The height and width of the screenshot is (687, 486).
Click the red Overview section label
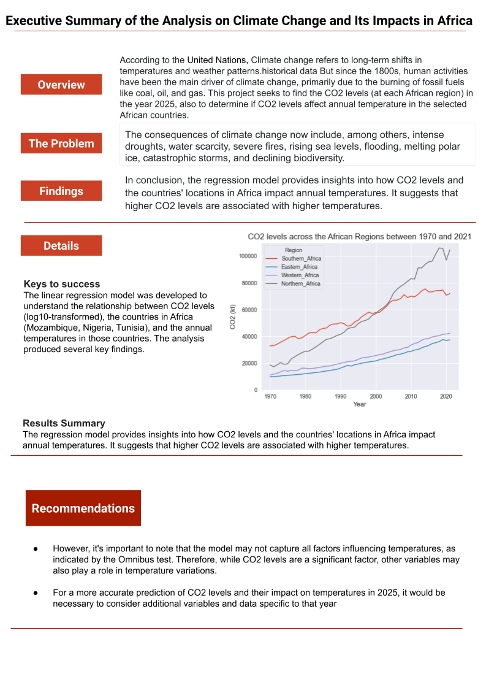tap(61, 85)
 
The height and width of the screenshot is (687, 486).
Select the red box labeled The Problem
tap(61, 144)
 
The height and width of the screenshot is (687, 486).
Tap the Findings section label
tap(61, 191)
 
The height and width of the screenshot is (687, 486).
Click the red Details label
tap(61, 245)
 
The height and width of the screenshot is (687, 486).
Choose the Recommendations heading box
tap(83, 508)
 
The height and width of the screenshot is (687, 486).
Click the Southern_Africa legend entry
tap(300, 258)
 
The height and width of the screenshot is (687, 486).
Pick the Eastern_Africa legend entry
tap(299, 267)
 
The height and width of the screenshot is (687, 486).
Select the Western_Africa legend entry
tap(300, 275)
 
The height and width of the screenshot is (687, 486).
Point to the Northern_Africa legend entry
tap(300, 284)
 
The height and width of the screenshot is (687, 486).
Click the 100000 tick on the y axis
tap(248, 256)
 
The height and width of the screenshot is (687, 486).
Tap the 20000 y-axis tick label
tap(249, 363)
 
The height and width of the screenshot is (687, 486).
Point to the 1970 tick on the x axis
tap(270, 396)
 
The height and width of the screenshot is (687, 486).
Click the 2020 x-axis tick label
tap(446, 396)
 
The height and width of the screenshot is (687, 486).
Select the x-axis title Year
tap(360, 404)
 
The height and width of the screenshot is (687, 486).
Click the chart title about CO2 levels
tap(359, 236)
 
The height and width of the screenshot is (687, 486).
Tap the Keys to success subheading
tap(61, 284)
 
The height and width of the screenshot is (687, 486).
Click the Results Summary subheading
tap(64, 423)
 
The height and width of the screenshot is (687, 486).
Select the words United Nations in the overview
tap(217, 60)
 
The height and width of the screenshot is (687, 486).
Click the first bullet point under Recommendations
tap(36, 548)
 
